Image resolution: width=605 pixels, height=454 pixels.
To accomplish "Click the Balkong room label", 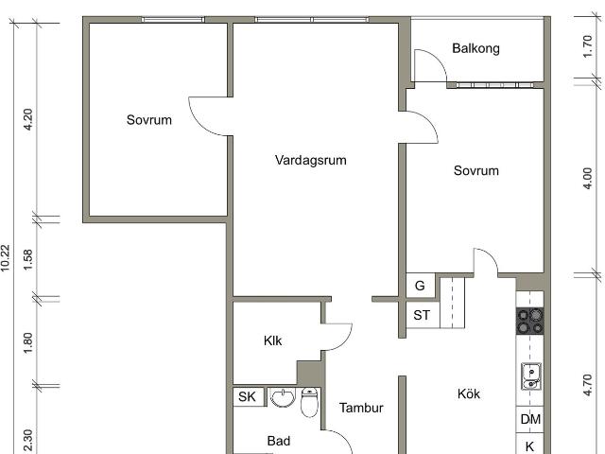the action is coord(475,48).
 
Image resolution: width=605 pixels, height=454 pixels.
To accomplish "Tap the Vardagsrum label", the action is coord(311,160).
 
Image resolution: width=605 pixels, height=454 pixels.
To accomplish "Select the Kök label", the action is coord(469,393).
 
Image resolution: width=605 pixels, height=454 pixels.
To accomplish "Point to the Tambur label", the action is coord(361,408).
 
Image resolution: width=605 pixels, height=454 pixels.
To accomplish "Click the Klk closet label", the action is coord(273,340).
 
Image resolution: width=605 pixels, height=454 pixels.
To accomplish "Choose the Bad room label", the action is coord(279,441).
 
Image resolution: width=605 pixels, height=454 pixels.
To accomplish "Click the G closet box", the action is coord(421,286).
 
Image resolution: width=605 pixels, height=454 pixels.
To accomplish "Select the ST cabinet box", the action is coord(423,315).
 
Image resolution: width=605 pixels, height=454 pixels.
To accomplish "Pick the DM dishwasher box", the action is coord(530,419).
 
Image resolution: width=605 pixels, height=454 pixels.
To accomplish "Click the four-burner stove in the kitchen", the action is coord(530,321).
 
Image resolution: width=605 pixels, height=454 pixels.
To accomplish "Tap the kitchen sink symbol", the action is coord(531,376).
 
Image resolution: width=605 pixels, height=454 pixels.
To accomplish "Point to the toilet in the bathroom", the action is coord(309,402).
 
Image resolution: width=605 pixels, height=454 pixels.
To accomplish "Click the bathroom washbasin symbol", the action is coord(283,397).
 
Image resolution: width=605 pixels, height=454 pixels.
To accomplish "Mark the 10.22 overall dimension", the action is coord(5,258).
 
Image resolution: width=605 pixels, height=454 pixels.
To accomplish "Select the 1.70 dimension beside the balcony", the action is coord(587,46).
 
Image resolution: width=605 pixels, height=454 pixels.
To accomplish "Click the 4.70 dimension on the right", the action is coord(587,385).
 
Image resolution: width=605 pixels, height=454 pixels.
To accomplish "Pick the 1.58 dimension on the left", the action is coord(28,259).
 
